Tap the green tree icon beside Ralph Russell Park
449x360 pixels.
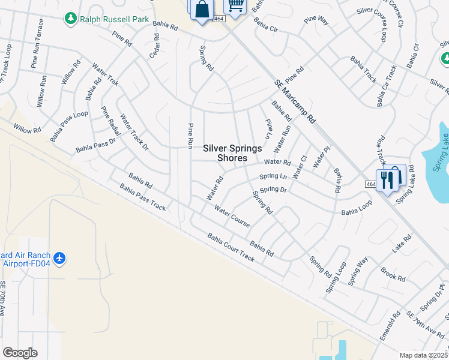(x=71, y=19)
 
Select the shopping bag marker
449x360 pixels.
(x=202, y=10)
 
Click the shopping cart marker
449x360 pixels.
(x=235, y=6)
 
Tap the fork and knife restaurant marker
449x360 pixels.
(x=391, y=178)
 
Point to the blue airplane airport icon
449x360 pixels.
(x=59, y=258)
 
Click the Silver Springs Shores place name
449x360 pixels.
(x=232, y=153)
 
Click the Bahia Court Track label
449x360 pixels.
(x=231, y=248)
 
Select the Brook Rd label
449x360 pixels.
(x=393, y=274)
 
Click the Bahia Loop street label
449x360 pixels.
(x=357, y=207)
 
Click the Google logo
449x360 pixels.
(x=20, y=352)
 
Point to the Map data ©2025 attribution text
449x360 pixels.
(x=424, y=355)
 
